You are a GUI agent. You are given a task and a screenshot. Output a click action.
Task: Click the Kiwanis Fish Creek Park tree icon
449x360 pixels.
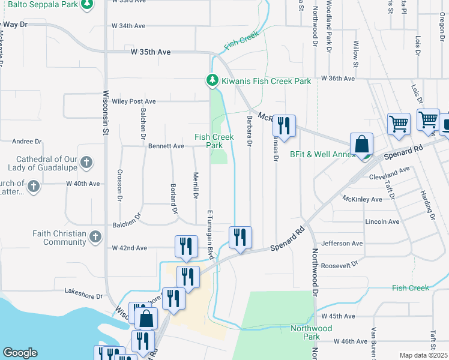click(212, 80)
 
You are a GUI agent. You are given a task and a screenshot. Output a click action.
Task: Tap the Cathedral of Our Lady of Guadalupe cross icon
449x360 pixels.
click(86, 162)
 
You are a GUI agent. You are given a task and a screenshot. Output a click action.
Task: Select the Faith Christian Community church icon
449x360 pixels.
click(95, 238)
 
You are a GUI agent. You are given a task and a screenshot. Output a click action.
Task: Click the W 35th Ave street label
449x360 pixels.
click(151, 52)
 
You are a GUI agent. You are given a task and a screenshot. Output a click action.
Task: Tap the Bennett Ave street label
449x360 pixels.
click(166, 146)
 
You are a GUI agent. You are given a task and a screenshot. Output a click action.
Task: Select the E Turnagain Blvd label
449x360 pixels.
click(211, 234)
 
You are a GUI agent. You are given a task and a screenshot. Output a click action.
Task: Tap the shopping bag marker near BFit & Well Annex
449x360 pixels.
click(361, 144)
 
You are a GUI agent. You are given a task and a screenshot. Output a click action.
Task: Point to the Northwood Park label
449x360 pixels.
click(311, 332)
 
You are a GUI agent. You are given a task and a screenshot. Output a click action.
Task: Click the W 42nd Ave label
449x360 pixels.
click(129, 248)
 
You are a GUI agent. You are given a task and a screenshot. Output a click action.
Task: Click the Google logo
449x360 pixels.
click(20, 353)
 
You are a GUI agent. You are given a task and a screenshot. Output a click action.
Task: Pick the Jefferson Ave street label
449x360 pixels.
click(343, 244)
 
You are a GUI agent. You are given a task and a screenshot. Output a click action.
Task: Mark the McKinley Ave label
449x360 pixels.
click(362, 199)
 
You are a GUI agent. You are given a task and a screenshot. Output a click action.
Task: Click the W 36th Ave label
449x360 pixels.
click(339, 79)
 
